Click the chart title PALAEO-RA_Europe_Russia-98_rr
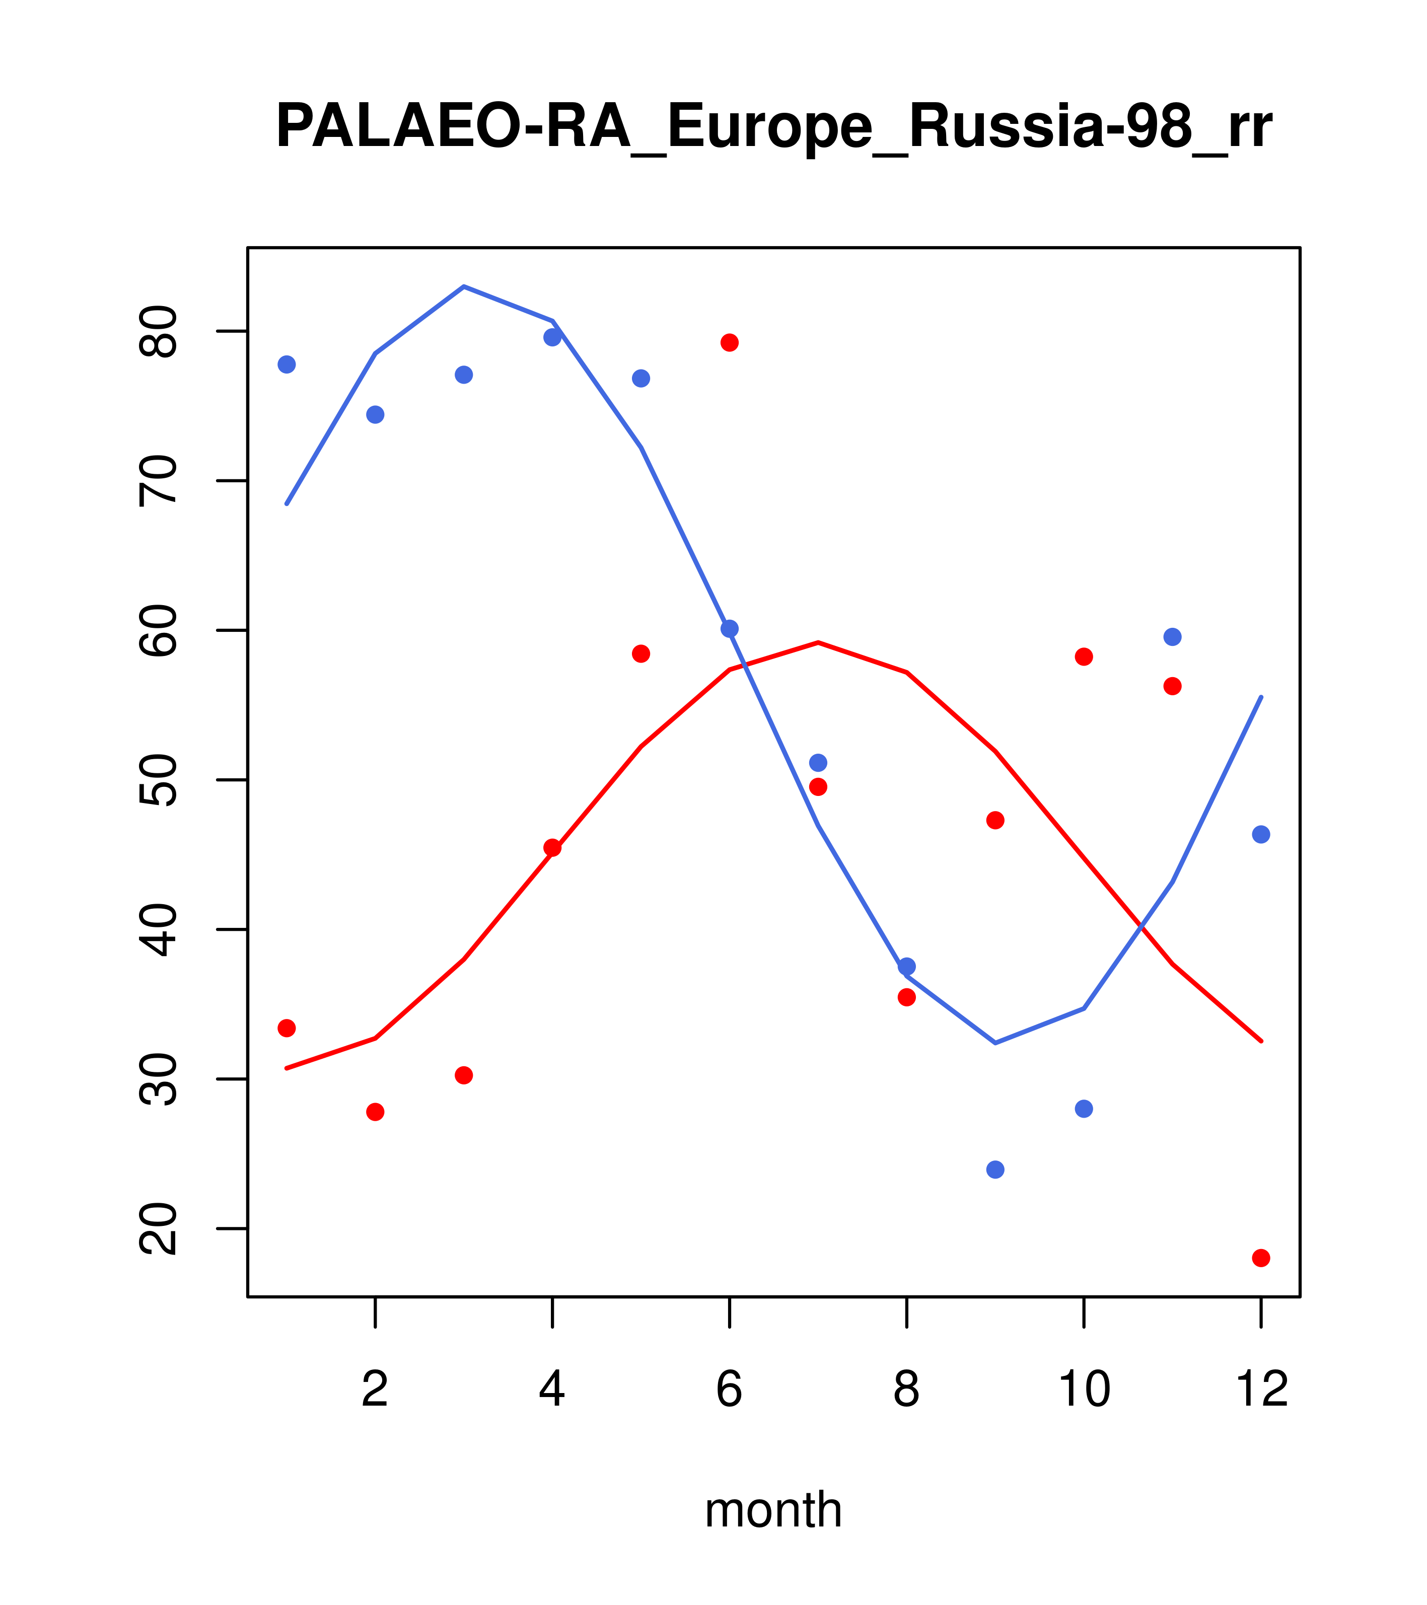[x=773, y=127]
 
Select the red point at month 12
[x=1261, y=1258]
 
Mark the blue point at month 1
[x=287, y=364]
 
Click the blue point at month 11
[x=1173, y=637]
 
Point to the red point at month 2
[x=376, y=1112]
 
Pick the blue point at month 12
[x=1261, y=835]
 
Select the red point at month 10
[x=1084, y=656]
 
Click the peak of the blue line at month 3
[x=464, y=286]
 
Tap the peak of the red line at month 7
[x=818, y=642]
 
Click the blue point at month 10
[x=1084, y=1109]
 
